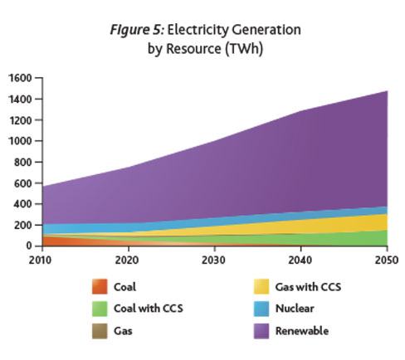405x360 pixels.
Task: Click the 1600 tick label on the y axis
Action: point(19,78)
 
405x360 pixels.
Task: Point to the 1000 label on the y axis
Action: point(19,141)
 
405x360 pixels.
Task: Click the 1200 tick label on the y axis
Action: point(19,120)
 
